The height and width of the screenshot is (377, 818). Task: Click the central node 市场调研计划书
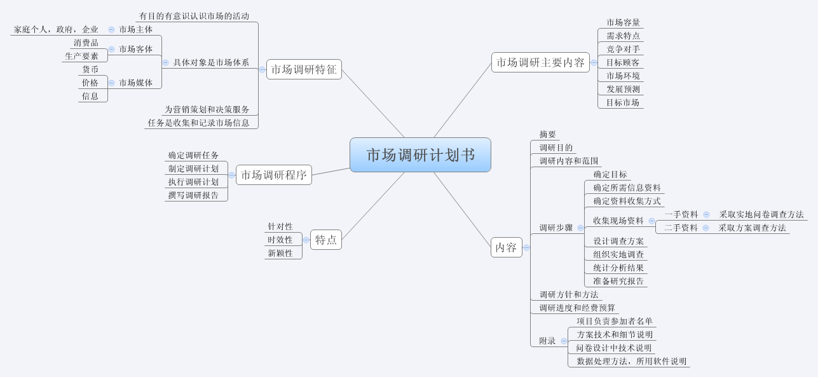[x=420, y=155]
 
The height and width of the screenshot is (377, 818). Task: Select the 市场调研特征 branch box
[x=304, y=69]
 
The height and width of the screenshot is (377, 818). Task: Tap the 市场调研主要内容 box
[x=540, y=62]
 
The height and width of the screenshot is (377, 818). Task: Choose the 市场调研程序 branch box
[x=273, y=175]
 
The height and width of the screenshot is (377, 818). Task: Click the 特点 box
[x=326, y=240]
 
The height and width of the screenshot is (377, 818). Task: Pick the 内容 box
[x=506, y=247]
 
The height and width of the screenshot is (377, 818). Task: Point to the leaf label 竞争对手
[x=623, y=49]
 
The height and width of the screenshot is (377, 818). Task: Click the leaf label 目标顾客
[x=623, y=62]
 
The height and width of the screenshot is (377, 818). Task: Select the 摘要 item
[x=547, y=134]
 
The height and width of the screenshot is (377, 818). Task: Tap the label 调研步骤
[x=556, y=228]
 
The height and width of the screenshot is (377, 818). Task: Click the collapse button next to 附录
[x=564, y=341]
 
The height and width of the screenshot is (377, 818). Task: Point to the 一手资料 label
[x=681, y=214]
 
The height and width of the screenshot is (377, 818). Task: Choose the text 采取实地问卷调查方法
[x=761, y=214]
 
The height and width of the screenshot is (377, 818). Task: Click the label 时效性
[x=280, y=240]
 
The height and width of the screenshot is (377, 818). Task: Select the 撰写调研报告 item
[x=193, y=195]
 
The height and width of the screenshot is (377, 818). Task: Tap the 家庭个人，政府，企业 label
[x=56, y=29]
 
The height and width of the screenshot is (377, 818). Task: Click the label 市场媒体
[x=135, y=83]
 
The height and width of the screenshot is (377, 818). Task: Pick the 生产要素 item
[x=81, y=56]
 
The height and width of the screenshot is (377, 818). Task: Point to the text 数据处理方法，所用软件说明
[x=631, y=361]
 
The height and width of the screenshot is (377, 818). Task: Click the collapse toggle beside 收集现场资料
[x=651, y=221]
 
